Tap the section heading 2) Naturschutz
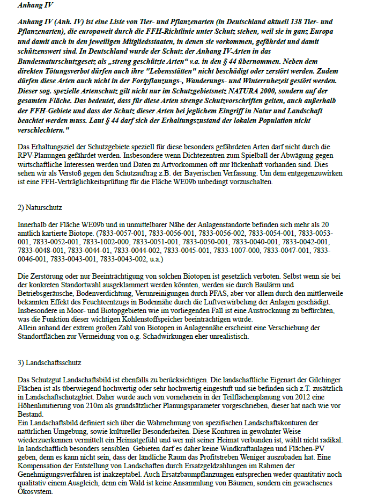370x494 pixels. pos(40,207)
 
